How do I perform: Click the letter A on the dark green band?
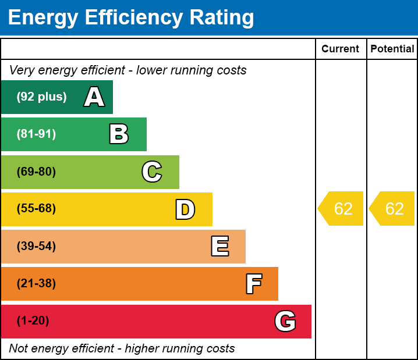point(94,97)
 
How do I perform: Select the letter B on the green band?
point(119,134)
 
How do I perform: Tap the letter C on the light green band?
point(152,172)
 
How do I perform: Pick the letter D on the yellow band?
point(185,209)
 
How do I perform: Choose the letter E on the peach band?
point(219,247)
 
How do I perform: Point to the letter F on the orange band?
point(253,284)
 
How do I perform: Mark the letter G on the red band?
point(285,321)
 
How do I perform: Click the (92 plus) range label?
point(41,97)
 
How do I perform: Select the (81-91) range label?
point(36,134)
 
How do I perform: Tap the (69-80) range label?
point(36,172)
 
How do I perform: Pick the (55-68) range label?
point(36,209)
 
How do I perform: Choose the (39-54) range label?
point(36,247)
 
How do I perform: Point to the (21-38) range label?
point(36,284)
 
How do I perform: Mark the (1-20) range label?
point(33,321)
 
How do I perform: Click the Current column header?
point(341,49)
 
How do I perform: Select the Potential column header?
point(392,49)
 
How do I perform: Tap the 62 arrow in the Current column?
point(342,209)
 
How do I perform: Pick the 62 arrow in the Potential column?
point(393,209)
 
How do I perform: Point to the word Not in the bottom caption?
point(18,348)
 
